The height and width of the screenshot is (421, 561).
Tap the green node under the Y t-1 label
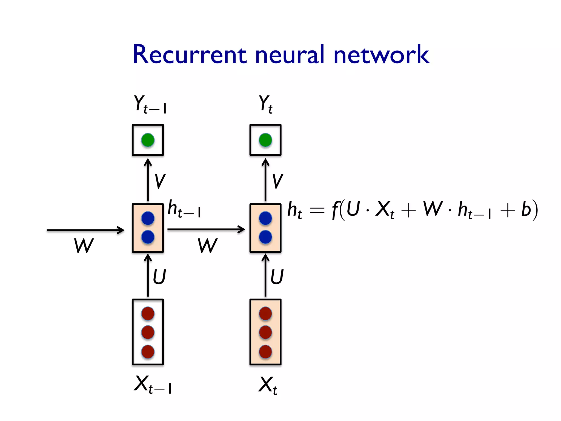point(148,140)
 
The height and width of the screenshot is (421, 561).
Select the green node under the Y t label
point(265,140)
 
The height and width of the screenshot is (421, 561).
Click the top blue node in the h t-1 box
point(148,218)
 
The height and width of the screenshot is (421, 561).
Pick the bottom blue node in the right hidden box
point(265,237)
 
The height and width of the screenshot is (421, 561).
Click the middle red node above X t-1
point(148,332)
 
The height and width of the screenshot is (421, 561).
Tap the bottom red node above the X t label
point(265,352)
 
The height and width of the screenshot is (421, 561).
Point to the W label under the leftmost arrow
point(84,246)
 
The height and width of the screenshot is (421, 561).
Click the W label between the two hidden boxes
point(208,246)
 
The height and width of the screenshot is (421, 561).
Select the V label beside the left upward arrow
point(160,181)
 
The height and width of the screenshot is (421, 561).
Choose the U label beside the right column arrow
point(277,277)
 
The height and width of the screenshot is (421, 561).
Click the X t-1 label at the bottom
point(152,384)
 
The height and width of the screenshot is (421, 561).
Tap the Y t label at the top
point(265,104)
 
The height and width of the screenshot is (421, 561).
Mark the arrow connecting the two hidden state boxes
point(205,229)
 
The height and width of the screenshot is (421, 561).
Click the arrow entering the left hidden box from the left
point(85,230)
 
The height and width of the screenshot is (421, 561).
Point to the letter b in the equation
point(526,210)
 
